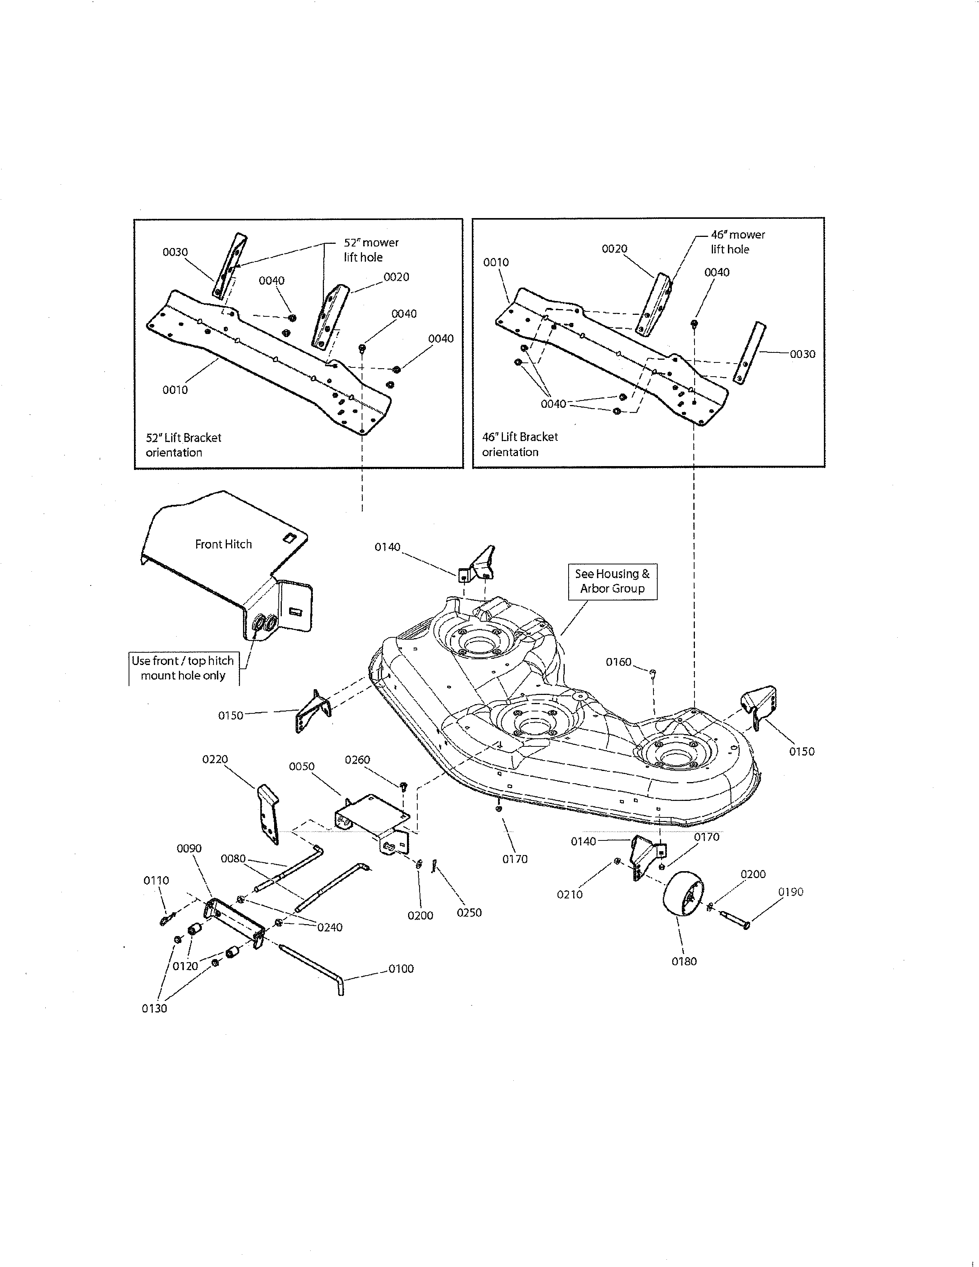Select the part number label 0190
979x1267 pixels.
point(790,892)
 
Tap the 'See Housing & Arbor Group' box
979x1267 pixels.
point(612,581)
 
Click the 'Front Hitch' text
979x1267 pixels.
point(223,544)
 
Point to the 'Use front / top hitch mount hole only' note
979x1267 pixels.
point(183,668)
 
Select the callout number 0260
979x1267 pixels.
point(357,759)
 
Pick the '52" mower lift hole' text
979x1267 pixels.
point(371,250)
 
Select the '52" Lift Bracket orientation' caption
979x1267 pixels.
point(183,445)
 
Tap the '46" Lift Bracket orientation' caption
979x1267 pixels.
point(520,444)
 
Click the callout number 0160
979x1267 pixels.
point(618,662)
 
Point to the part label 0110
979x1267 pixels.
point(156,880)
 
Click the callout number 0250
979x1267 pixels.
point(469,913)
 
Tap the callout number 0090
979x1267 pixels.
point(189,848)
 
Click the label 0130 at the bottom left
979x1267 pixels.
point(154,1008)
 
